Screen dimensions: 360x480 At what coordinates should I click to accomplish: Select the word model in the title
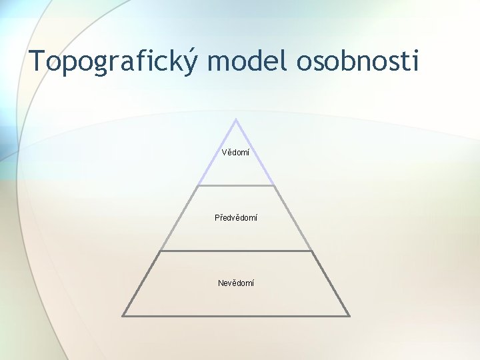[246, 61]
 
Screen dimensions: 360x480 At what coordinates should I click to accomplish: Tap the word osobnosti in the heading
[358, 61]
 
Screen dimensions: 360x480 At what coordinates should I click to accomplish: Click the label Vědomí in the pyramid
[235, 153]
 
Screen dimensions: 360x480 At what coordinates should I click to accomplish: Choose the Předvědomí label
[235, 217]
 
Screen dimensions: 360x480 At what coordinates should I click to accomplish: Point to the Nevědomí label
[235, 283]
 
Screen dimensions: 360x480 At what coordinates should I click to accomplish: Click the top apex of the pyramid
[236, 120]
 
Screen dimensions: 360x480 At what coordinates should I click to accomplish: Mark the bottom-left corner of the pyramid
[123, 315]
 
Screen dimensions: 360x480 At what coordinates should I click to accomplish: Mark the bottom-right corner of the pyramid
[349, 315]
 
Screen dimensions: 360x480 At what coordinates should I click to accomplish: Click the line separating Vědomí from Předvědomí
[236, 185]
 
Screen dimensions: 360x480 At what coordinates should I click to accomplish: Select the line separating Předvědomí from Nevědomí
[236, 251]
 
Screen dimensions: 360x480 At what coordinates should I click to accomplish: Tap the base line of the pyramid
[236, 315]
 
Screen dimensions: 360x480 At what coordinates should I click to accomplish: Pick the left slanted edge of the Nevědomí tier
[141, 283]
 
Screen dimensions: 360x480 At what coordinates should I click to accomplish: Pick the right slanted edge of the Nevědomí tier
[331, 283]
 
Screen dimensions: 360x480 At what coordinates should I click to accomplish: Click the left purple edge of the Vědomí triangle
[217, 153]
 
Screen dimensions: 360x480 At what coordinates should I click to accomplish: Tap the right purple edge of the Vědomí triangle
[255, 153]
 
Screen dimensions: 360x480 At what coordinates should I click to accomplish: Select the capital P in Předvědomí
[217, 217]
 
